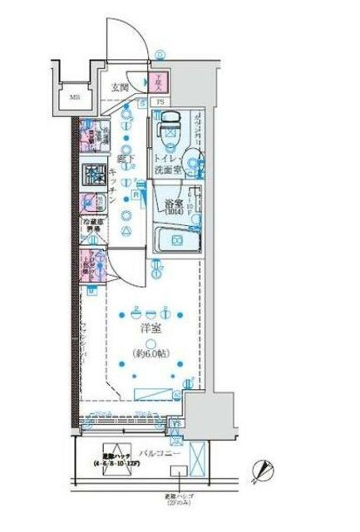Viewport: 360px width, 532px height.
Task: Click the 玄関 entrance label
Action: click(x=121, y=86)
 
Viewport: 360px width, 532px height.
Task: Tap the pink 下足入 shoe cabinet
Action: click(x=161, y=82)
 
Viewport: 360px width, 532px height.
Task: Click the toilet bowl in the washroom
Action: click(x=169, y=124)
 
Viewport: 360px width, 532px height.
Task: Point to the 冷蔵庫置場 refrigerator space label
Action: click(x=92, y=227)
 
